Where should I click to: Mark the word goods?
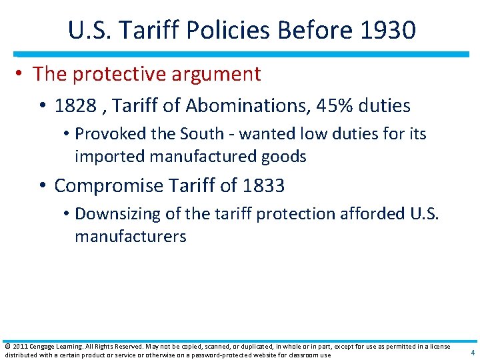[x=284, y=157]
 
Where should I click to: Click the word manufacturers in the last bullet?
[x=130, y=237]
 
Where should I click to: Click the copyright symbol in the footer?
[x=7, y=347]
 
